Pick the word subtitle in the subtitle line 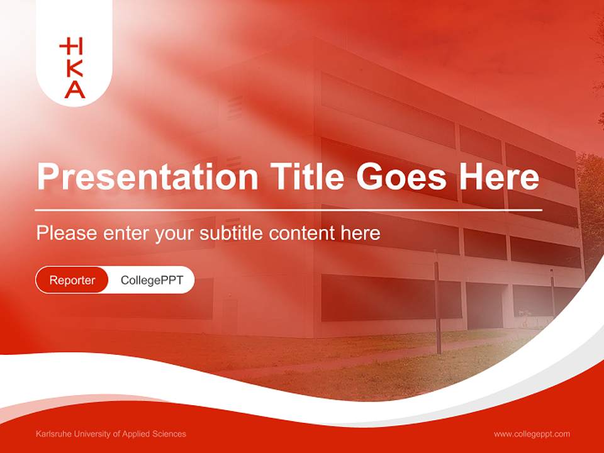tap(232, 233)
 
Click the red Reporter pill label tap(72, 280)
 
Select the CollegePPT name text tap(152, 280)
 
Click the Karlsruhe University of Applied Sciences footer tap(111, 434)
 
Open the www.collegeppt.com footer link tap(532, 434)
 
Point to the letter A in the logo tap(75, 89)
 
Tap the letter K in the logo tap(75, 68)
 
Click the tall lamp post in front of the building tap(436, 302)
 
